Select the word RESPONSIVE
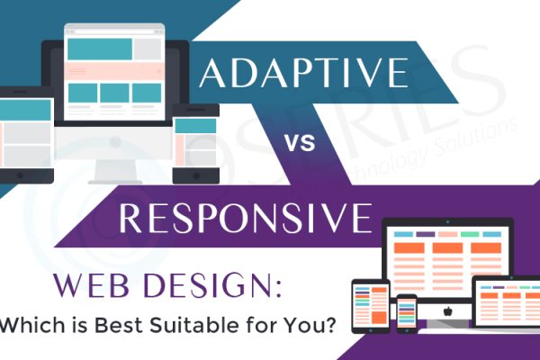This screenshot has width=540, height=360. (244, 218)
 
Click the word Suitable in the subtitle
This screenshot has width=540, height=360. (201, 325)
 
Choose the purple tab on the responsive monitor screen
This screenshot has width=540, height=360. (426, 235)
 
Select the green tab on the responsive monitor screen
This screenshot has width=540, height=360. (468, 235)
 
